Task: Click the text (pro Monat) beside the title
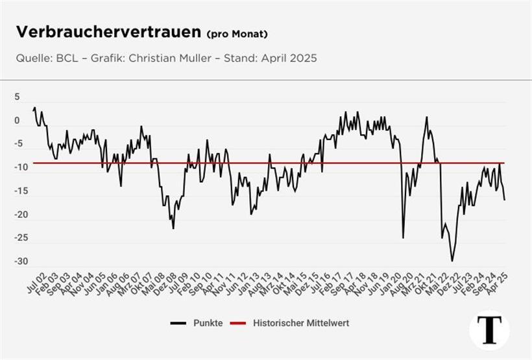(x=237, y=34)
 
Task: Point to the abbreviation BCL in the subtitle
(x=65, y=58)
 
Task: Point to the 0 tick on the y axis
(x=18, y=121)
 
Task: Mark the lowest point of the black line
(x=452, y=261)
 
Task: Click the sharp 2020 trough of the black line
(x=403, y=237)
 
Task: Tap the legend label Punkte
(x=207, y=322)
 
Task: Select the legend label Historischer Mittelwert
(x=301, y=322)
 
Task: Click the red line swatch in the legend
(x=239, y=322)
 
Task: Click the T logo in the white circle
(x=489, y=329)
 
